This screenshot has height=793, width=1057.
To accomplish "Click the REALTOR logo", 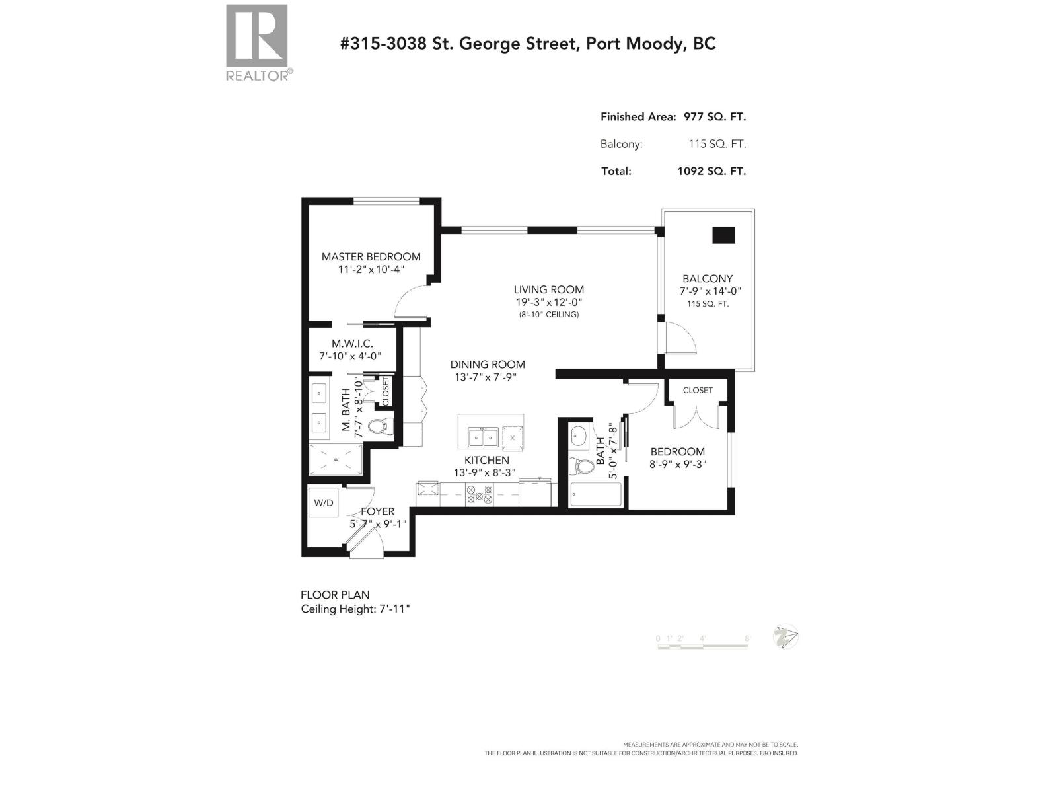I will (257, 41).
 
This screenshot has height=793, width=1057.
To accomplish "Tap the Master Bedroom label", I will (371, 256).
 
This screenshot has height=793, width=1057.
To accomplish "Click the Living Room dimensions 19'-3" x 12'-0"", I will (549, 302).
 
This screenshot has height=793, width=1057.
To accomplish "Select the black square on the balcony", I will (723, 235).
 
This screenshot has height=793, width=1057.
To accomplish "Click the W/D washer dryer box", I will (324, 503).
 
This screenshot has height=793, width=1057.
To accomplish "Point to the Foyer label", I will (377, 511).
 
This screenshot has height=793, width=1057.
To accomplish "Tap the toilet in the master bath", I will (379, 425).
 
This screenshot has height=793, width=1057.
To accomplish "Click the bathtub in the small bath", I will (595, 495).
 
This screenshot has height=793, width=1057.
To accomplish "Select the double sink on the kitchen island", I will (483, 437).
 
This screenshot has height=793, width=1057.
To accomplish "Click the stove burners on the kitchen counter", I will (479, 495).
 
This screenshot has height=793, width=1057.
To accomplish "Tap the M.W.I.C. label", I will (352, 344).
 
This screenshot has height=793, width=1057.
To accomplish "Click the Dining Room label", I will (488, 364).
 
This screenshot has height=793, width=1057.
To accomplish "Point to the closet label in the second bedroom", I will (698, 390).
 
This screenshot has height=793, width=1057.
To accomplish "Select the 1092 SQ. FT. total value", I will (711, 171).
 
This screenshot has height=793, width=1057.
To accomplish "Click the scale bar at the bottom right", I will (703, 644).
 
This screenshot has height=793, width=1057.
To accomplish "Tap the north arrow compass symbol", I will (785, 637).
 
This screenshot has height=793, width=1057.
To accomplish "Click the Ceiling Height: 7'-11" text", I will (355, 609).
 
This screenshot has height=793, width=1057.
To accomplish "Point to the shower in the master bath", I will (336, 459).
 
